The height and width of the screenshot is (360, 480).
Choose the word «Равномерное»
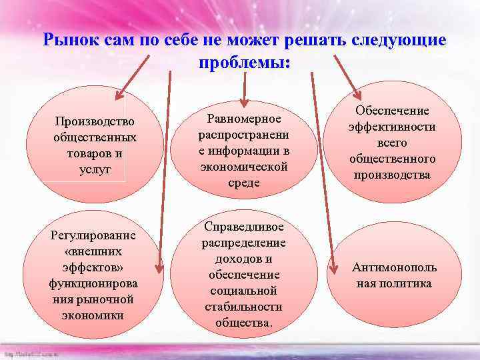click(x=243, y=119)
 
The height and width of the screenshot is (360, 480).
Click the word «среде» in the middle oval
click(x=243, y=183)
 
